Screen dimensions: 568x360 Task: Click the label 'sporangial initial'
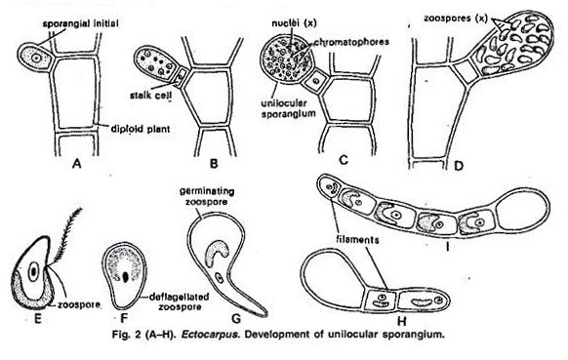point(80,24)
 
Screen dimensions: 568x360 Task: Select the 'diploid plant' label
point(141,129)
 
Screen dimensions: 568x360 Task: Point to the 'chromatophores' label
point(351,42)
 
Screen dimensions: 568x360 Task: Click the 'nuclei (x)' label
point(294,23)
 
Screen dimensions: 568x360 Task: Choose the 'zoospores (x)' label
point(456,19)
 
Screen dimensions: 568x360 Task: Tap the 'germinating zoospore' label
point(207,196)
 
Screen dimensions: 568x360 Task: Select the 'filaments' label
point(357,240)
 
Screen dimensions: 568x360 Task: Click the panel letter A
point(76,164)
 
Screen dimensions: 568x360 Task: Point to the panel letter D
point(459,166)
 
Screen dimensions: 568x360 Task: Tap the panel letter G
point(236,318)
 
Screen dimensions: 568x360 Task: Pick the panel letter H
point(402,321)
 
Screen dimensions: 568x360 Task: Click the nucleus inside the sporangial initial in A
point(35,58)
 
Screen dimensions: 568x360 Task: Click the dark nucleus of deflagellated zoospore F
point(125,277)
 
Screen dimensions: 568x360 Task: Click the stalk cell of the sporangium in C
point(316,81)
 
